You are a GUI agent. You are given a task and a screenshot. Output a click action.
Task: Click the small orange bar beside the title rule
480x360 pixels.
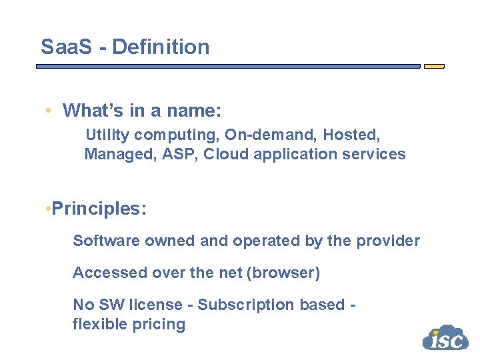point(434,67)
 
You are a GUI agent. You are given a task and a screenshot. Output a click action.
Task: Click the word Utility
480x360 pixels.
point(107,135)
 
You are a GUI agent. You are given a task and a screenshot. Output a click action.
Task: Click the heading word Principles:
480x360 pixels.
point(99,209)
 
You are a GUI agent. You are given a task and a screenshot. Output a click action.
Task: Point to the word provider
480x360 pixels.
point(388,241)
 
